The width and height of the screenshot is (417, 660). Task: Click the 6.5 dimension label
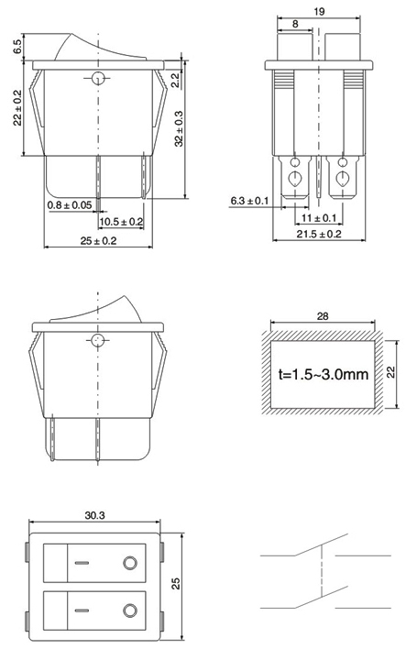[17, 47]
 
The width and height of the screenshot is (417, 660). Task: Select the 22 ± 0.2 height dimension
[17, 107]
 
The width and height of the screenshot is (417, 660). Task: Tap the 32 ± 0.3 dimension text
[179, 128]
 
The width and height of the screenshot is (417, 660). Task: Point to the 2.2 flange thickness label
[175, 79]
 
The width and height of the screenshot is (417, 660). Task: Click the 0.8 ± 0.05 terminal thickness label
[70, 205]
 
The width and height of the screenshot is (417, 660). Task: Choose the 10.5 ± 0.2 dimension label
[121, 222]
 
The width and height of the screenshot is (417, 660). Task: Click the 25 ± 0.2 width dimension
[98, 241]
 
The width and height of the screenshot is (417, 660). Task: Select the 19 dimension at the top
[319, 12]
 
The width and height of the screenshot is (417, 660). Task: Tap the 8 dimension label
[295, 24]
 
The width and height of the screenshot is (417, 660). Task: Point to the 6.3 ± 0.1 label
[249, 201]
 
